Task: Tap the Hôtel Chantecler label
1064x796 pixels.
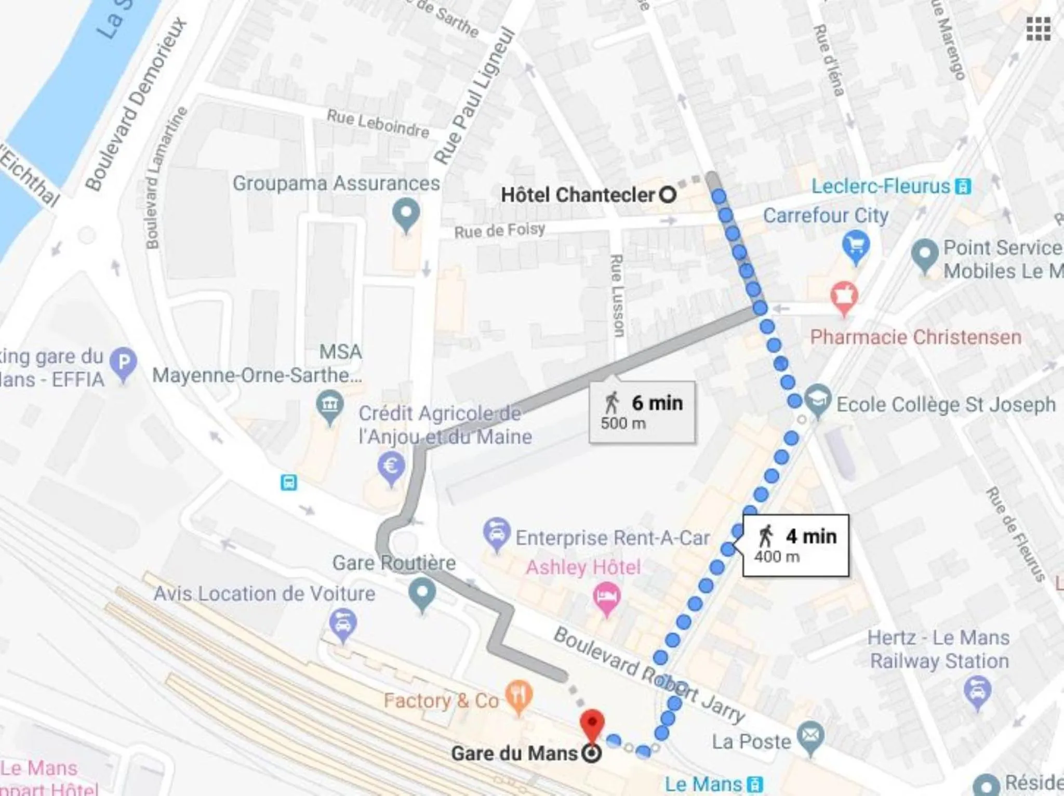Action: (x=577, y=195)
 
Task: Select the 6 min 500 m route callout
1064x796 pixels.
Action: (x=642, y=412)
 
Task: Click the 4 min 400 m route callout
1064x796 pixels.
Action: (x=796, y=546)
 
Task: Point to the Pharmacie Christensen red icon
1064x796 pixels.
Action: (x=844, y=296)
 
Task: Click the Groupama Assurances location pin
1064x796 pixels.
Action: (x=406, y=214)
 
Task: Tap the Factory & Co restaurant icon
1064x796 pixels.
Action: (x=518, y=695)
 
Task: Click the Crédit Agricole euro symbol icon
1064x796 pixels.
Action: (x=391, y=467)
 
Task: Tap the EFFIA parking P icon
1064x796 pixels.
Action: (x=124, y=362)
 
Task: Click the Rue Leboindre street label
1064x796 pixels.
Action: (x=378, y=124)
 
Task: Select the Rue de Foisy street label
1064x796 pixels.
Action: (x=499, y=230)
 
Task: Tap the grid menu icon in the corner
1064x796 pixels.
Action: (x=1039, y=29)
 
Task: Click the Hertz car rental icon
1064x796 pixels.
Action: (x=977, y=691)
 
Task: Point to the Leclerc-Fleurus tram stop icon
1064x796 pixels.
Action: (x=963, y=187)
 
